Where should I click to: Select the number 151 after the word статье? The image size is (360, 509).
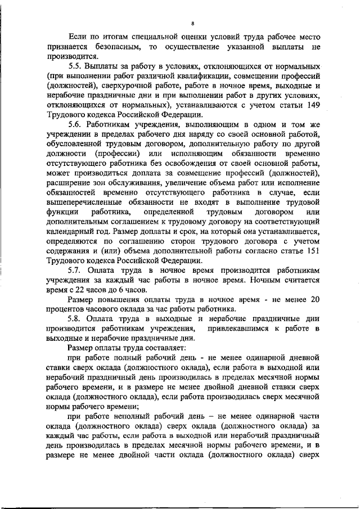pos(313,252)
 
